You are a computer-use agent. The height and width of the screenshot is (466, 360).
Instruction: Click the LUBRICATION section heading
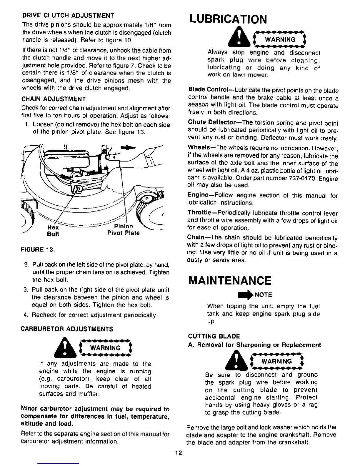[x=228, y=19]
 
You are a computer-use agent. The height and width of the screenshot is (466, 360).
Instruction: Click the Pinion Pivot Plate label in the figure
[x=123, y=230]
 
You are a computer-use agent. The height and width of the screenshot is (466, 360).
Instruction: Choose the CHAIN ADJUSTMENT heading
[x=54, y=99]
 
